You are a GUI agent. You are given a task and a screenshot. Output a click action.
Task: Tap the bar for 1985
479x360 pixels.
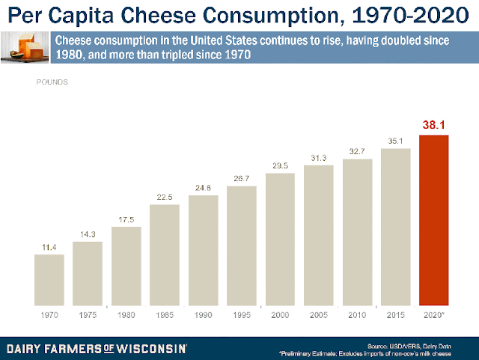pos(164,254)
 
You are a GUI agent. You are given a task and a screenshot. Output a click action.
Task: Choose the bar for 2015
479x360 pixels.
pos(395,226)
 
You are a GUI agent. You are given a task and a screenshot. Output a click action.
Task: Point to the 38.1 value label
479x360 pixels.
pos(433,125)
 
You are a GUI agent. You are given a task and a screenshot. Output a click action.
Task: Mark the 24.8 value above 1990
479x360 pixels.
pos(203,186)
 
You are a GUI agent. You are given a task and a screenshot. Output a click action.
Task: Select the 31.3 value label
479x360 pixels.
pos(318,157)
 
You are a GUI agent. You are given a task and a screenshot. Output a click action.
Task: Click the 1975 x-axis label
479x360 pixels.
pos(87,314)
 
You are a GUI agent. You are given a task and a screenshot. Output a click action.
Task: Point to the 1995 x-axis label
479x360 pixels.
pos(241,314)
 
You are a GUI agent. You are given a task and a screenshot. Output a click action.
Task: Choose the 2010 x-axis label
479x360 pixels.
pos(357,314)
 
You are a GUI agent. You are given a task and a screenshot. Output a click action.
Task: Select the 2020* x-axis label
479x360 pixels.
pos(434,314)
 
